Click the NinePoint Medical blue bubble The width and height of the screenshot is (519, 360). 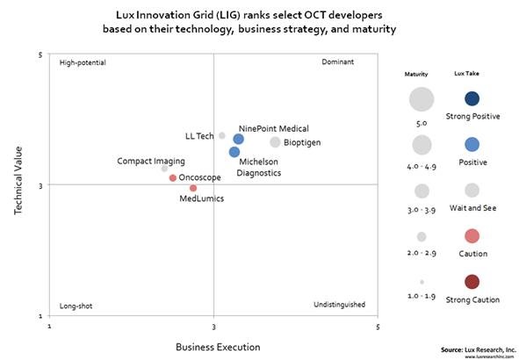238,140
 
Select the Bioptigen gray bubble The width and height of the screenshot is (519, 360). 275,142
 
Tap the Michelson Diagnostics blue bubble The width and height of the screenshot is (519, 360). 234,152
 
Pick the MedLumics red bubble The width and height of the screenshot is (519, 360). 193,188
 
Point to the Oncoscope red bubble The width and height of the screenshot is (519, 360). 173,178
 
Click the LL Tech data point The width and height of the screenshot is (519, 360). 222,135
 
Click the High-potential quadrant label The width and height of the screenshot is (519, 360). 82,63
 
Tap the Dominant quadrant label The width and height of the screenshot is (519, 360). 337,63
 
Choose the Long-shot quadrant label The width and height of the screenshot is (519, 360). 76,306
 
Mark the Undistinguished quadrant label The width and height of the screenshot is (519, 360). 339,306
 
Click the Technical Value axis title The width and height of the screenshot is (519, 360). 19,184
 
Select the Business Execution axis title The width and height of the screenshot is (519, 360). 213,346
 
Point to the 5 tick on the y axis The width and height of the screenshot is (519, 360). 40,55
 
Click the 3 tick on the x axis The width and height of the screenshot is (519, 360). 213,326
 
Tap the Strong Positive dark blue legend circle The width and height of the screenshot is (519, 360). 472,98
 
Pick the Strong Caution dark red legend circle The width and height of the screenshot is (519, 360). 472,282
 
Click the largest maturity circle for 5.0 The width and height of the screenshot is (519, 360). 422,98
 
